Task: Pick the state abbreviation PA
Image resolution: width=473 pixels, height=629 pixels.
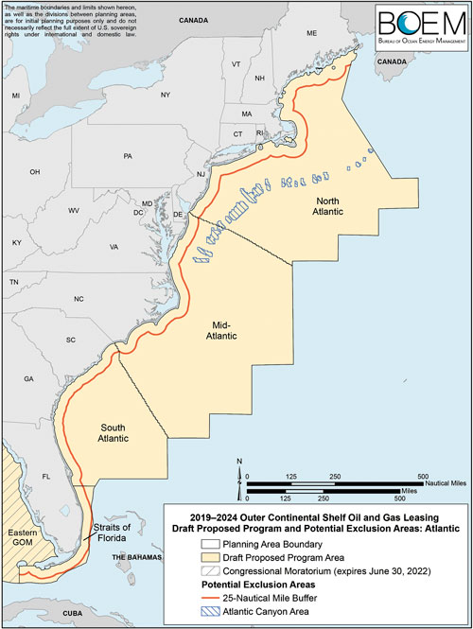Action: tap(128, 156)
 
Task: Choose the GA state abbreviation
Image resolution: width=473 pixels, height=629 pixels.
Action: tap(29, 377)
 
